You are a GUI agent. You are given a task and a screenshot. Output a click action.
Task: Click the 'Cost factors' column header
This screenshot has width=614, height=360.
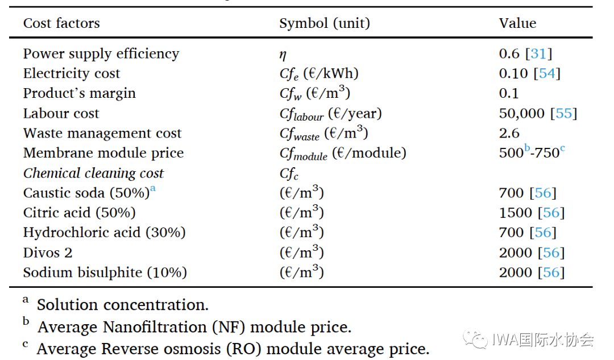[x=61, y=23]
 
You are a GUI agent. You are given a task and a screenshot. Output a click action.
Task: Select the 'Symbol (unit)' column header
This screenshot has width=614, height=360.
[x=324, y=23]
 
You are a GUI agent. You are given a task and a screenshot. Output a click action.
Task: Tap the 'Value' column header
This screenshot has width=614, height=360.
[x=517, y=23]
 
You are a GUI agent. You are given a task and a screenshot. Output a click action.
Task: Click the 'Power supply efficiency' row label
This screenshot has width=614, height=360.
[x=101, y=54]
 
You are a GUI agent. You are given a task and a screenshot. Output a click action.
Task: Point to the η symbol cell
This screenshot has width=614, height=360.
[x=283, y=55]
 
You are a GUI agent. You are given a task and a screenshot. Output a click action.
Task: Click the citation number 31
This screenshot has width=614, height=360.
[x=538, y=54]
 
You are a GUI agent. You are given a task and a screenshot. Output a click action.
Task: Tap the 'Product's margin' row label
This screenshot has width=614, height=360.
[x=80, y=93]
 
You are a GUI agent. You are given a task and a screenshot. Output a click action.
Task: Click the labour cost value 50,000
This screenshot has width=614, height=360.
[x=521, y=114]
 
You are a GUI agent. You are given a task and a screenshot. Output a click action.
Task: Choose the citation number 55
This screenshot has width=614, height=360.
[x=563, y=114]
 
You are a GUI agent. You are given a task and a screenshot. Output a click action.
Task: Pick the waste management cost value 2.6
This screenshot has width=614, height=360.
[x=509, y=133]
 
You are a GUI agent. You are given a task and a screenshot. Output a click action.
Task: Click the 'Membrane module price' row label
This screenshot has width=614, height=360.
[x=103, y=153]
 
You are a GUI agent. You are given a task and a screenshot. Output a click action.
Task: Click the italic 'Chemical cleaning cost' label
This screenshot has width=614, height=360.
[x=93, y=173]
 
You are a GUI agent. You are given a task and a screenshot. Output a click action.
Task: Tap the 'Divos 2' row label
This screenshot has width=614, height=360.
[x=48, y=253]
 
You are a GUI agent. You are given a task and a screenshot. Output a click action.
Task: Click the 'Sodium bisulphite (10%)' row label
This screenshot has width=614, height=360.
[x=105, y=272]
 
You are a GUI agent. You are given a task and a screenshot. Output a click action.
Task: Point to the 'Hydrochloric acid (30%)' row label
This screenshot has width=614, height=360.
[x=105, y=233]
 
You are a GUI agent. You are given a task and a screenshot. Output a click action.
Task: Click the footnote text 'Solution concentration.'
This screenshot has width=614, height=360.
[x=123, y=305]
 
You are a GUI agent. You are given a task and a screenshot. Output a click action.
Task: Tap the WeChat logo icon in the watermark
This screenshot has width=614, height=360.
[x=475, y=340]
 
